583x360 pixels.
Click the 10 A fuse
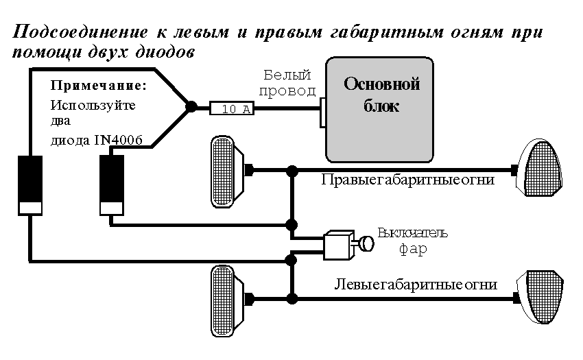pyautogui.click(x=232, y=108)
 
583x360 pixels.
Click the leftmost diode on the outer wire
pyautogui.click(x=29, y=185)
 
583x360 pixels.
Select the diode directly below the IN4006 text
pyautogui.click(x=112, y=185)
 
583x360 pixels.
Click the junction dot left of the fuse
pyautogui.click(x=192, y=107)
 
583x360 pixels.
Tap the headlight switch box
pyautogui.click(x=337, y=245)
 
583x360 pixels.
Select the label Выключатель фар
pyautogui.click(x=413, y=241)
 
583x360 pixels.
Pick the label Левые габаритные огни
pyautogui.click(x=416, y=284)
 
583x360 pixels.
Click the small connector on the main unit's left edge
pyautogui.click(x=322, y=112)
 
